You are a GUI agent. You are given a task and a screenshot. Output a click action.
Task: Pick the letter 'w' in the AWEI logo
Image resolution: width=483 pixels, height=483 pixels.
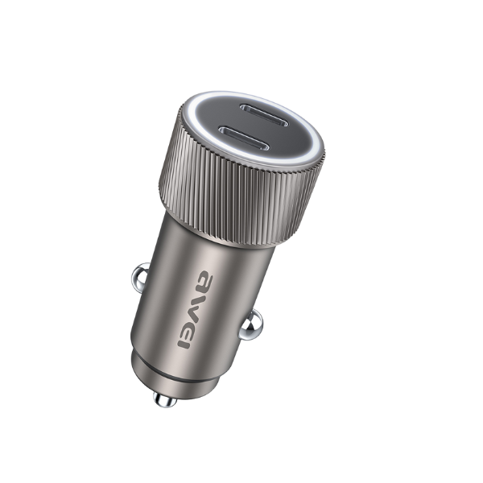click(196, 305)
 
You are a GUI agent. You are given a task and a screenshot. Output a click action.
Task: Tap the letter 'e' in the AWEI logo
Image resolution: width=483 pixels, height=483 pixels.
click(190, 327)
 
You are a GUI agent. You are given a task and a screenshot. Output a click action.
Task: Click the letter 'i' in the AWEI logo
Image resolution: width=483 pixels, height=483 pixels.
click(184, 344)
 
